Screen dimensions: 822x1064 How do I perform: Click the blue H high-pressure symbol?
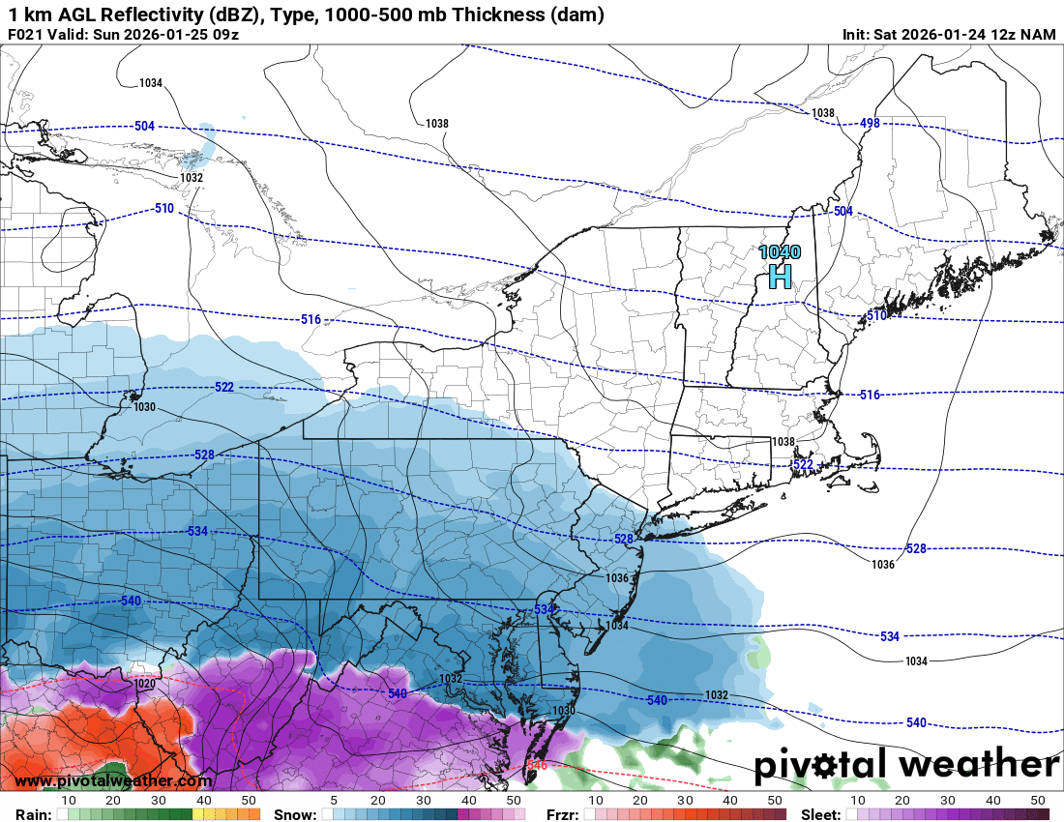tap(780, 277)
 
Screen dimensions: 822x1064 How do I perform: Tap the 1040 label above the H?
tap(780, 252)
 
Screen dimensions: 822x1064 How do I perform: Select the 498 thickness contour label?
tap(870, 123)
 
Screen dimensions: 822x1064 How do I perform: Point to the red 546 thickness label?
tap(538, 765)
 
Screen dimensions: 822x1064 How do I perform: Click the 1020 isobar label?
tap(144, 684)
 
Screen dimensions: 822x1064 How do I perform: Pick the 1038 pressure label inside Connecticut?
tap(783, 442)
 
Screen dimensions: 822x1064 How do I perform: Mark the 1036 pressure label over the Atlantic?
tap(882, 565)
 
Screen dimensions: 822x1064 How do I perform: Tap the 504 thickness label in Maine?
tap(842, 211)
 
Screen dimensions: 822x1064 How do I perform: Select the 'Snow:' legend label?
tap(294, 814)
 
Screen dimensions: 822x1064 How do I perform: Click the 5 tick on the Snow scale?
tap(333, 801)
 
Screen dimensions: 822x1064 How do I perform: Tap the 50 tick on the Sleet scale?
tap(1038, 801)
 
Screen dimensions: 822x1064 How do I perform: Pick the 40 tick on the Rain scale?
tap(204, 801)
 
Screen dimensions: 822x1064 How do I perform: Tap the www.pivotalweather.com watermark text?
tap(113, 780)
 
